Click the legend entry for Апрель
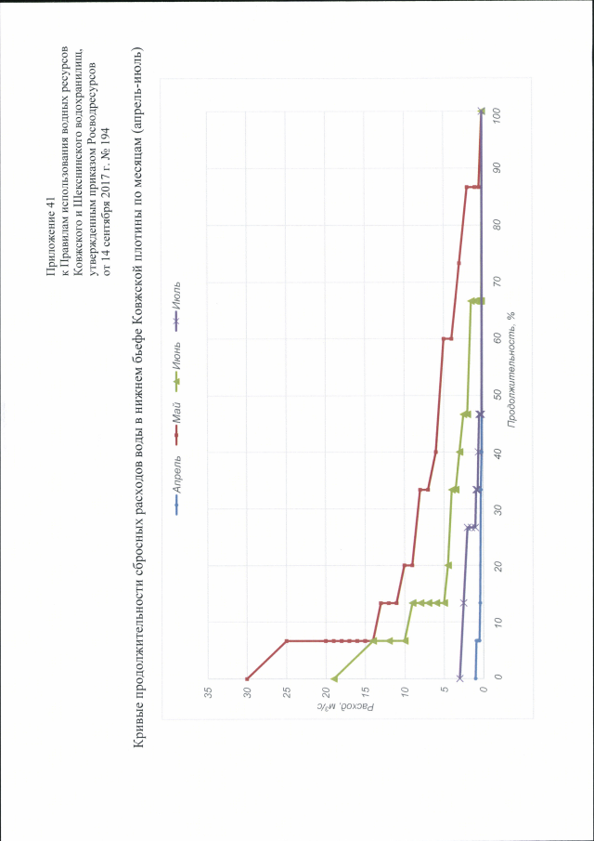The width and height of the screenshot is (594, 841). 176,483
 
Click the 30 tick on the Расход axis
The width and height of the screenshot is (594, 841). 246,693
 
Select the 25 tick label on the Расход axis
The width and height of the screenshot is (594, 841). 286,693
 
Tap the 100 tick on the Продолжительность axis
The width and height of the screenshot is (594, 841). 497,112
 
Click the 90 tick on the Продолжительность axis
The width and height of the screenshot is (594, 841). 497,169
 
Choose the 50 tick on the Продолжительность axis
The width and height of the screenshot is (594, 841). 497,396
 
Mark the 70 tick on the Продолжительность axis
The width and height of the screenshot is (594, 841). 497,283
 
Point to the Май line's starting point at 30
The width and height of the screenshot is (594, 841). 247,678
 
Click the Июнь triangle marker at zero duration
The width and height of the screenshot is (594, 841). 334,678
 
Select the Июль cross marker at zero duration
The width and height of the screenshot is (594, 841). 459,678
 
